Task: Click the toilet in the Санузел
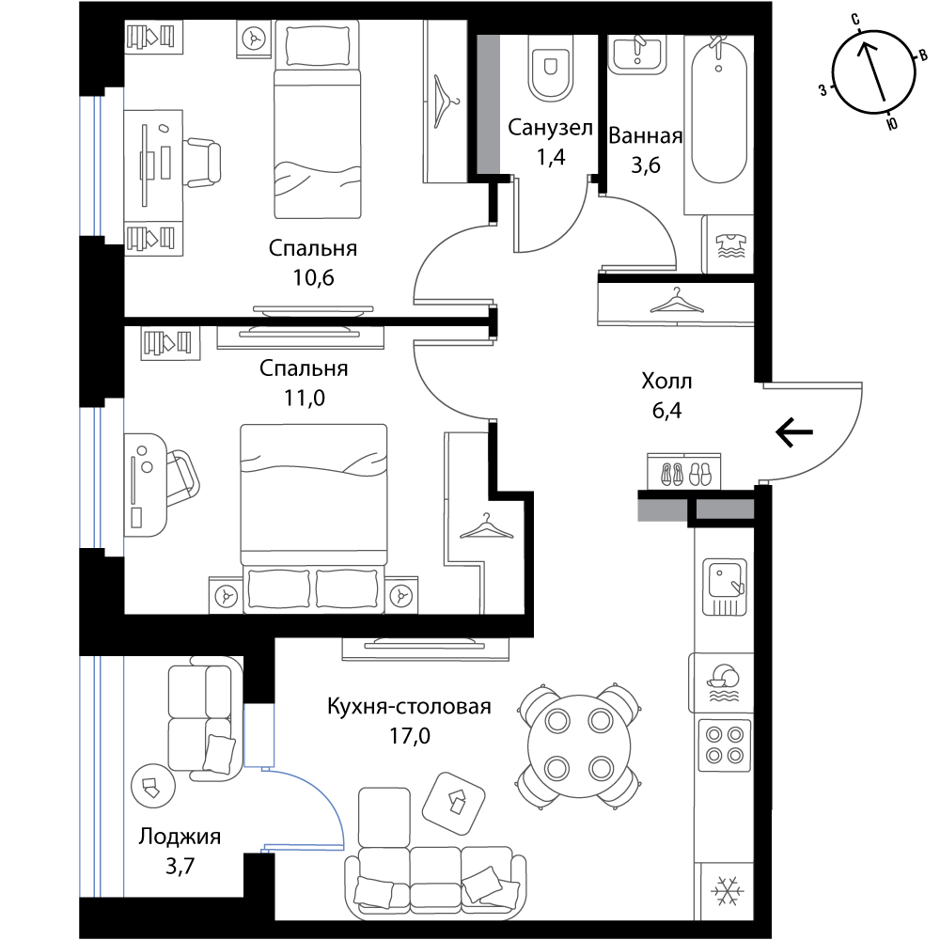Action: coord(550,66)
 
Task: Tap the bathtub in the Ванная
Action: coord(719,112)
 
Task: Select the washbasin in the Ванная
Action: coord(637,54)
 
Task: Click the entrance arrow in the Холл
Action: coord(794,431)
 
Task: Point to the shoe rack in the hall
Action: coord(684,471)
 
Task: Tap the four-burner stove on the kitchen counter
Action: coord(725,744)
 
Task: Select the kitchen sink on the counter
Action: coord(725,587)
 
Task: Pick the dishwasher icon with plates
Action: coord(724,682)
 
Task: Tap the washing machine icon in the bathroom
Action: coord(730,244)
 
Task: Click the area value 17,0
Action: coord(410,736)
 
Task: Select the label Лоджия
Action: coord(180,836)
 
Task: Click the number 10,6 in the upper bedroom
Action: coord(314,277)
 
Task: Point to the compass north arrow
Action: coord(874,72)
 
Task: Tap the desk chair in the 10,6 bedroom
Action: coord(201,162)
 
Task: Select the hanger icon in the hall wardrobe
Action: coord(677,301)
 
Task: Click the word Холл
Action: coord(666,381)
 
